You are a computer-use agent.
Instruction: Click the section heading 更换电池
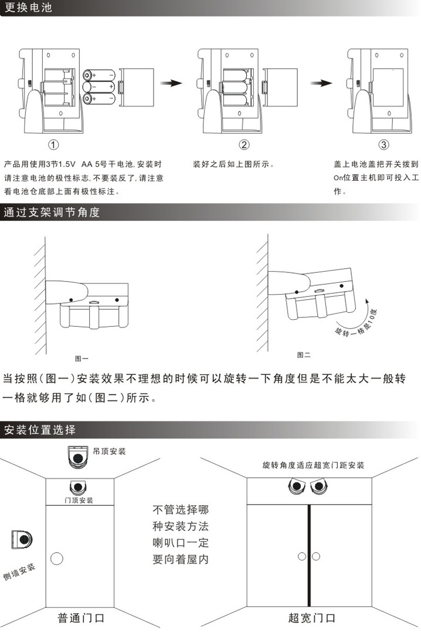coord(28,8)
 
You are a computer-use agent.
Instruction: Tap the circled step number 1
coord(53,144)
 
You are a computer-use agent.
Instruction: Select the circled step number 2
coord(244,144)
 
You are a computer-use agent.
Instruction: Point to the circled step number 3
coord(383,144)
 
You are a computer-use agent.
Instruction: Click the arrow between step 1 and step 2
coord(171,83)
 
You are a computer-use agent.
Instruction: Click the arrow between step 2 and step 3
coord(321,83)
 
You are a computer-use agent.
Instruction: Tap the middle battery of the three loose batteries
coord(99,87)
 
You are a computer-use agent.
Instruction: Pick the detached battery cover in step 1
coord(137,87)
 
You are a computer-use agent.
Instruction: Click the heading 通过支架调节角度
coord(52,212)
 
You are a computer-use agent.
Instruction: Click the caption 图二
coord(304,354)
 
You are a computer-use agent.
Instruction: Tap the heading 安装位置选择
coord(39,430)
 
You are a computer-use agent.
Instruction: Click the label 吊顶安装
coord(109,451)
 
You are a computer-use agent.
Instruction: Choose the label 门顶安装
coord(79,500)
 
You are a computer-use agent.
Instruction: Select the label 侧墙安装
coord(19,572)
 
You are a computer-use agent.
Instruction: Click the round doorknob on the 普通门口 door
coord(57,559)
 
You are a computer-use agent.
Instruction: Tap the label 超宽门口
coord(312,617)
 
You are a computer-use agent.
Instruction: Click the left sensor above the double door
coord(297,486)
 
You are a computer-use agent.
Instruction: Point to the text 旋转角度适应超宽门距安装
coord(313,465)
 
